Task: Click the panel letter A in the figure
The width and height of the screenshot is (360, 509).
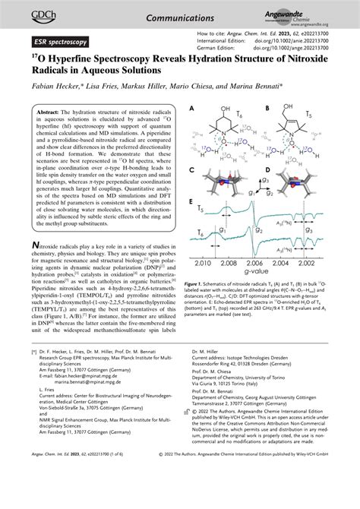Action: coord(193,109)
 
